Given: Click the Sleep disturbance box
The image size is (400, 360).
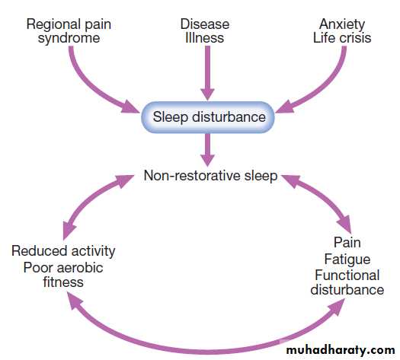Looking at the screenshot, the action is (208, 117).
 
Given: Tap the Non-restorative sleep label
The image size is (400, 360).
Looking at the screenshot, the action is (210, 176).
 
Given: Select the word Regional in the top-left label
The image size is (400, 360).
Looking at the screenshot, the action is (53, 25).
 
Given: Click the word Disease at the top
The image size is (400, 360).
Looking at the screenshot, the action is (205, 24).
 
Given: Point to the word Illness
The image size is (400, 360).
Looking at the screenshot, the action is (205, 38).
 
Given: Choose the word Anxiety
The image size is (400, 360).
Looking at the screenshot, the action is (342, 24).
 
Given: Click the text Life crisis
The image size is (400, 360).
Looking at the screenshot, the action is (342, 38).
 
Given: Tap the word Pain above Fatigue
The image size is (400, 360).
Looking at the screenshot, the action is (347, 242).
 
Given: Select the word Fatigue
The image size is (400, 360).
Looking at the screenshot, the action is (347, 260).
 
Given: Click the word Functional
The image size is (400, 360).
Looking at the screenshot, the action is (347, 276).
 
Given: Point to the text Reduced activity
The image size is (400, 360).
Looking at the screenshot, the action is (63, 251).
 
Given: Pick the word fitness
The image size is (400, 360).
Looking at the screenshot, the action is (63, 282).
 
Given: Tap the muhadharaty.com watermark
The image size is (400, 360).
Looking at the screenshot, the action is (341, 350).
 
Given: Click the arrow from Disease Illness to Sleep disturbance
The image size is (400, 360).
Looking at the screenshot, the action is (207, 72).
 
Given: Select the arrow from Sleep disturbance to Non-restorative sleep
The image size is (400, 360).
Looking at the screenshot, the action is (207, 150).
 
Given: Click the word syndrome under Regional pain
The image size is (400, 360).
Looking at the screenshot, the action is (69, 39).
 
